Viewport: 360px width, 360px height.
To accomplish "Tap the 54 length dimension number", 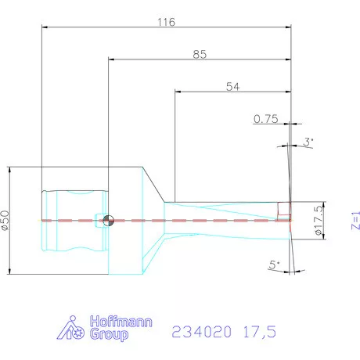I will click(232, 86).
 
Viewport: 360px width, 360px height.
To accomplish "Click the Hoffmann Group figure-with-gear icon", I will click(74, 329).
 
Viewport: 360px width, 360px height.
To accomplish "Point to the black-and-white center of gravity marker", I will click(109, 221).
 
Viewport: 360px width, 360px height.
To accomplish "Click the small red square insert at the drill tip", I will click(284, 209).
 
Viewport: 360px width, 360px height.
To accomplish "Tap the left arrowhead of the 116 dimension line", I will click(44, 27).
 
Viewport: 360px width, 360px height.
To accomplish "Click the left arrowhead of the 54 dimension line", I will click(178, 92).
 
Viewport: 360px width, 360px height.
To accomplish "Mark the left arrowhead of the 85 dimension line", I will click(112, 59).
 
